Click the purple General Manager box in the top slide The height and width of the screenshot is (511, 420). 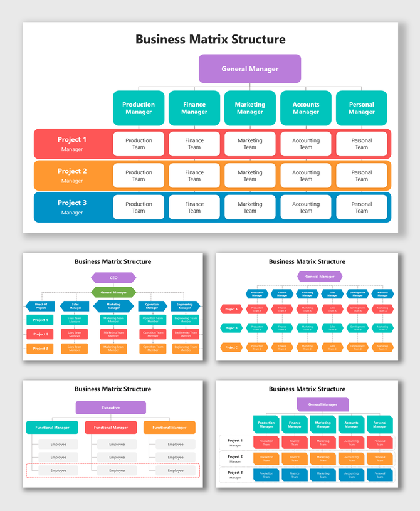(x=249, y=69)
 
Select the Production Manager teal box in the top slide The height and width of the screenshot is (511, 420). (x=139, y=108)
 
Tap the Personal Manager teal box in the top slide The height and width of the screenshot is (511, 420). (x=361, y=108)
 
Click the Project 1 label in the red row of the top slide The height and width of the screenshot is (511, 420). (x=72, y=144)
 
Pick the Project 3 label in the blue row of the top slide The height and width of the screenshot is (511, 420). (x=72, y=207)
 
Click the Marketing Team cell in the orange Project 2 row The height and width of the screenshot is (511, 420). (x=249, y=176)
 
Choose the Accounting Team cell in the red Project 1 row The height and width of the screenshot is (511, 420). (x=305, y=144)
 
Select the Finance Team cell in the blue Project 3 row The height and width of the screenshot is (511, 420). (x=194, y=207)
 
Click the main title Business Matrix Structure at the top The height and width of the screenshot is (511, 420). (x=210, y=40)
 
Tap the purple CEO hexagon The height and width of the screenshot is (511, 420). (x=113, y=278)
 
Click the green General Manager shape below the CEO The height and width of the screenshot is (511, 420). (x=113, y=292)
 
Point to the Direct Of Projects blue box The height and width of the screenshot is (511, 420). (x=41, y=307)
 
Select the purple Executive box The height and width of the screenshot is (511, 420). (x=111, y=408)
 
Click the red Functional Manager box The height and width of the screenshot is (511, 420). (x=111, y=428)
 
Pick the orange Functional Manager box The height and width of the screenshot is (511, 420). (x=169, y=428)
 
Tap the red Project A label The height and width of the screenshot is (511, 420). (x=231, y=309)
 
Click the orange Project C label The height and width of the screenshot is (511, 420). (x=231, y=347)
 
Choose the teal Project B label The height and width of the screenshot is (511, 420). (x=231, y=328)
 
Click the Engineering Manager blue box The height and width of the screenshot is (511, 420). (x=186, y=307)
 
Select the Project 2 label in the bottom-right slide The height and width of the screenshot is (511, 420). (x=235, y=458)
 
